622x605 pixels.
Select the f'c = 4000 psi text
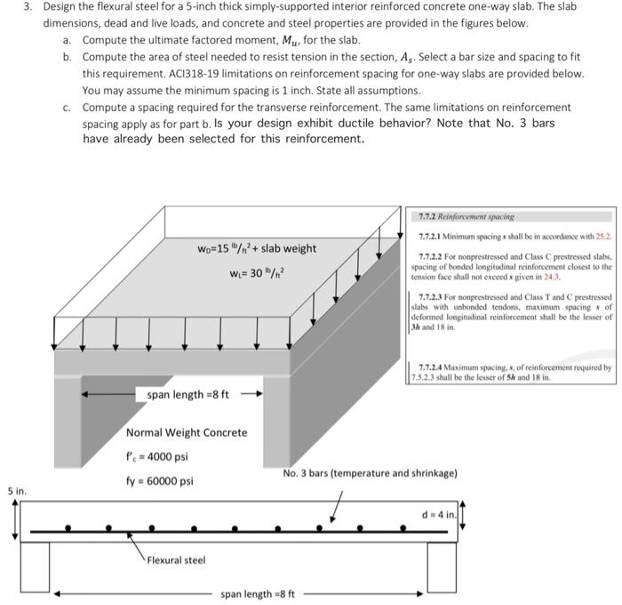click(157, 457)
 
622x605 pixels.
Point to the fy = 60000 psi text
click(159, 481)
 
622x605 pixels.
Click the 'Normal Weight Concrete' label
click(187, 432)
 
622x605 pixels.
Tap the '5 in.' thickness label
click(16, 490)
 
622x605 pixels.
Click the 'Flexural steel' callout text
click(176, 560)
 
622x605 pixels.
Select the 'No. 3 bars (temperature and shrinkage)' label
click(370, 472)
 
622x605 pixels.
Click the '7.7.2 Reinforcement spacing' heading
click(465, 216)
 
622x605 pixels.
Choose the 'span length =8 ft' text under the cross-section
click(258, 593)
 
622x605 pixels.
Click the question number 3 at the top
click(27, 7)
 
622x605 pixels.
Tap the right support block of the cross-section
click(447, 564)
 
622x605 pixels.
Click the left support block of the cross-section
click(36, 564)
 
